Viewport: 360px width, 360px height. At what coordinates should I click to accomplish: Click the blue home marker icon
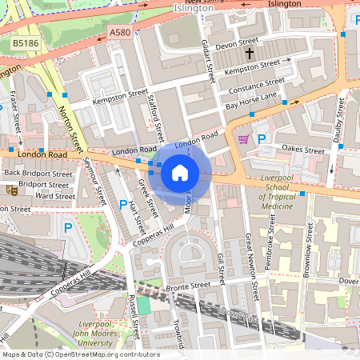click(180, 172)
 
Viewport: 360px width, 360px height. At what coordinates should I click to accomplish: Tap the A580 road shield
click(119, 33)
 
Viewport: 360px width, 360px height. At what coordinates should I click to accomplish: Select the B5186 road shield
click(24, 43)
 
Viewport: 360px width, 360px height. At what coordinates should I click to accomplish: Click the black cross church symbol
click(250, 54)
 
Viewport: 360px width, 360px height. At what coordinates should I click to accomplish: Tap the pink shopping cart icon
click(243, 139)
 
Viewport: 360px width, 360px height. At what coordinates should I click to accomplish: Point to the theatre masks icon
click(11, 190)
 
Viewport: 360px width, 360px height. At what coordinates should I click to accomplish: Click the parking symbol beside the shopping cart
click(261, 138)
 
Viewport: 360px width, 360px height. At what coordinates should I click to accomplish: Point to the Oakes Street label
click(304, 150)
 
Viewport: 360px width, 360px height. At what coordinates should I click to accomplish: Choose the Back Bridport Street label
click(38, 173)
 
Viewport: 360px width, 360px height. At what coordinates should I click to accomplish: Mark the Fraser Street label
click(17, 112)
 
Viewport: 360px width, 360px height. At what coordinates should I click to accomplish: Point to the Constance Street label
click(255, 84)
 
